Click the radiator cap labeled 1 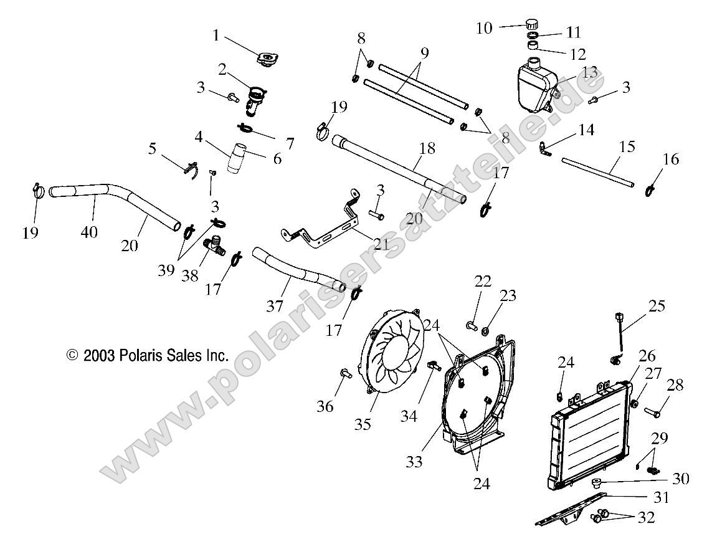267,60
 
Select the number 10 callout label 484,27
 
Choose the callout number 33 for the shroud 414,461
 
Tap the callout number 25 657,306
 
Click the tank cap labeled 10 531,24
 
